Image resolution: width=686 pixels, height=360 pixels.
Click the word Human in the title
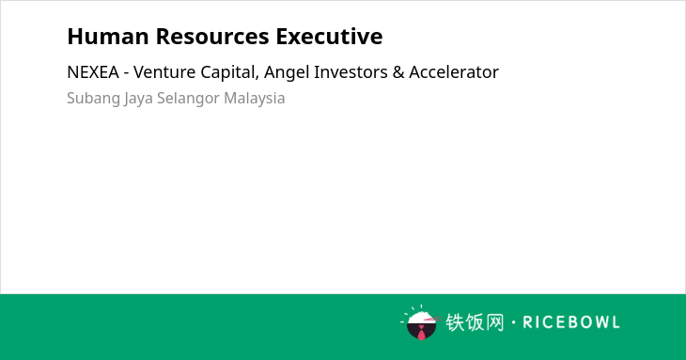(108, 37)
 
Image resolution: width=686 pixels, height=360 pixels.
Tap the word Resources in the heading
(212, 37)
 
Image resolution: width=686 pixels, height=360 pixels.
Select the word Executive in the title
(329, 37)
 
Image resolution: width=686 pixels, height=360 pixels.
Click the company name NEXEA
(93, 72)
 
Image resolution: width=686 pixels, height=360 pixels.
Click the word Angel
(286, 73)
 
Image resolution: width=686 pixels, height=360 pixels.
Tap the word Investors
(351, 72)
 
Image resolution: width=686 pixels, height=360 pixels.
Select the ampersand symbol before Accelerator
(398, 72)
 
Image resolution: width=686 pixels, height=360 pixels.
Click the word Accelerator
(454, 72)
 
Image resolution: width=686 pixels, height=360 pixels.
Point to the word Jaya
(138, 99)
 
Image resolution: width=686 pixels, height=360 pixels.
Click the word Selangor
(188, 99)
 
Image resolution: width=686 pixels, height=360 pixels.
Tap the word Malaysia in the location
(254, 99)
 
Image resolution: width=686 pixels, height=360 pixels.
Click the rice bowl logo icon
(421, 322)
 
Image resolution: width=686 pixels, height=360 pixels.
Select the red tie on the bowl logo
(421, 334)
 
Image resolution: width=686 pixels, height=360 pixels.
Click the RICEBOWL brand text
(571, 322)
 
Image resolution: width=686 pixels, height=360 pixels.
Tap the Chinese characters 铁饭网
(475, 322)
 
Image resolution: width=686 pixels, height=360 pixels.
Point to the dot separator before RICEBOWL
(514, 322)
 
